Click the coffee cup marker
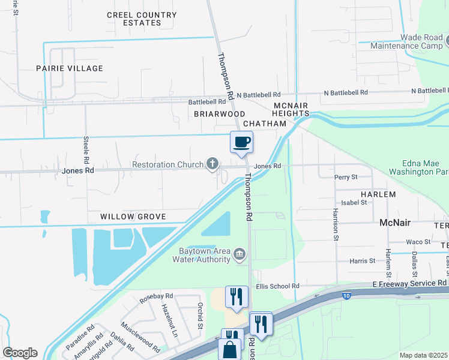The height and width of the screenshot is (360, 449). coord(241,142)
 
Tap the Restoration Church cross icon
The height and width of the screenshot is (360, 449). coord(212,163)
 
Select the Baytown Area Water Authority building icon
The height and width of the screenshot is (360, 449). coord(240,254)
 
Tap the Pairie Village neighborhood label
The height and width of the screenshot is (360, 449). coord(69,68)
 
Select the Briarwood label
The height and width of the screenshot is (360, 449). coord(219,113)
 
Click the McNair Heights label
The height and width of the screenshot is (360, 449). coord(291,109)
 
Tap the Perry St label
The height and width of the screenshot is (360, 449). coord(346,177)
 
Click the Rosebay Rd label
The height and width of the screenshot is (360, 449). coord(156,296)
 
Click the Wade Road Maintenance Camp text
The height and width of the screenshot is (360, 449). coord(405,41)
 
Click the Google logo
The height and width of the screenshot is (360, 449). coord(20,353)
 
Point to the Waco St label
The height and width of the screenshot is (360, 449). coord(418,242)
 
